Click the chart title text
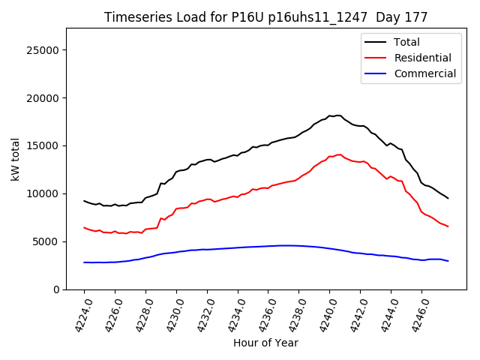[x=266, y=17]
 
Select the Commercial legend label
[x=425, y=73]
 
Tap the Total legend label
[x=407, y=42]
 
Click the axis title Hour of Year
[x=265, y=343]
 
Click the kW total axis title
[x=16, y=159]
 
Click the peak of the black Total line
[x=337, y=115]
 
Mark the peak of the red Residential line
[x=339, y=154]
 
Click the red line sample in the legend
[x=376, y=58]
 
